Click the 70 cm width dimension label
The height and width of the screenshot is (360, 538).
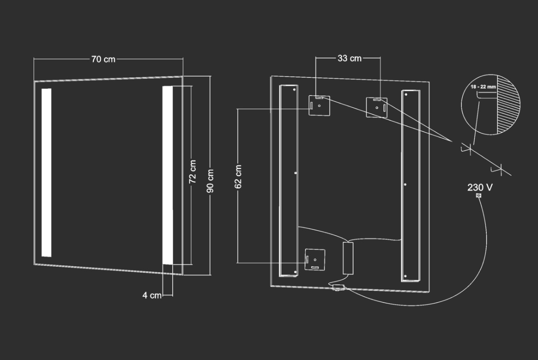click(x=103, y=59)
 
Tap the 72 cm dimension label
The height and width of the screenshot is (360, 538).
click(x=193, y=172)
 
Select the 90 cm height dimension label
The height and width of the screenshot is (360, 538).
click(x=210, y=181)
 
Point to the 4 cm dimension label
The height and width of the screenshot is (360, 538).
click(x=152, y=295)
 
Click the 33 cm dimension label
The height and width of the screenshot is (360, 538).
click(x=349, y=58)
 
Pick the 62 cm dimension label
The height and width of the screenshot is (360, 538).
click(x=238, y=177)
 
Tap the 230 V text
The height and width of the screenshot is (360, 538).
click(x=480, y=187)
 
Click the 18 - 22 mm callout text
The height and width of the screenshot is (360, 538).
click(x=483, y=87)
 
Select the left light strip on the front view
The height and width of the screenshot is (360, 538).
click(x=47, y=173)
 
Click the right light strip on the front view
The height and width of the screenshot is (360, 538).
click(x=168, y=175)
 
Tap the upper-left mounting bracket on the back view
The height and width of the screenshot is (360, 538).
click(x=319, y=106)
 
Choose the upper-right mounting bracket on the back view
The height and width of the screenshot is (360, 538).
click(x=377, y=108)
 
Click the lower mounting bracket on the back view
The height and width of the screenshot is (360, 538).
click(x=315, y=259)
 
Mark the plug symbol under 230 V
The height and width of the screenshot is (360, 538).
click(x=479, y=196)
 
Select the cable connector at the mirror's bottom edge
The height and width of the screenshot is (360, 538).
click(x=338, y=287)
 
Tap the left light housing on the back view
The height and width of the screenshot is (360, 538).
click(x=289, y=181)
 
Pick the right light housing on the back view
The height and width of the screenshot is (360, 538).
click(x=411, y=186)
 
